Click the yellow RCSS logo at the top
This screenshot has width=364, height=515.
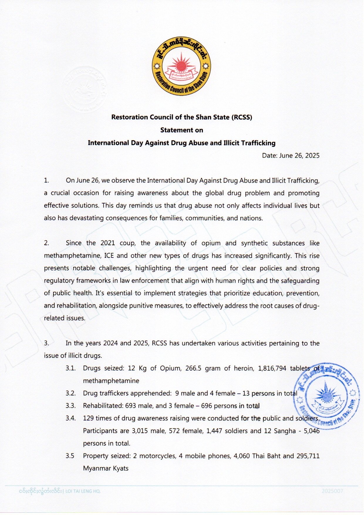[181, 66]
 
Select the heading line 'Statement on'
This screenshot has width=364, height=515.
[181, 130]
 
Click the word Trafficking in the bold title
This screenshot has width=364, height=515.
[257, 143]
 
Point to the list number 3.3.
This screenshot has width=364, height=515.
[70, 406]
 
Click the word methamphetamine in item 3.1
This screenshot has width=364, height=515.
[111, 381]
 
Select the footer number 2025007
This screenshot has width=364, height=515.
[332, 491]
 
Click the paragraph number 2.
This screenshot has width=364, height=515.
[46, 243]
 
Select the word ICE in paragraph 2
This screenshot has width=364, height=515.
[109, 256]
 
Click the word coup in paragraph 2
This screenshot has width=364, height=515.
[126, 243]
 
